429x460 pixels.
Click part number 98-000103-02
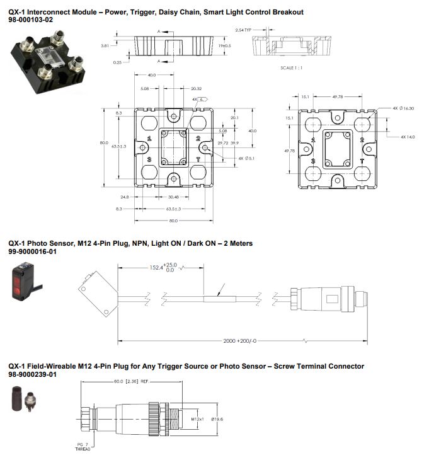pos(30,20)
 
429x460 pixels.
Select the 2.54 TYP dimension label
pos(244,30)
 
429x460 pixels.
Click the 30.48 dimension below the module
pos(172,197)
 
